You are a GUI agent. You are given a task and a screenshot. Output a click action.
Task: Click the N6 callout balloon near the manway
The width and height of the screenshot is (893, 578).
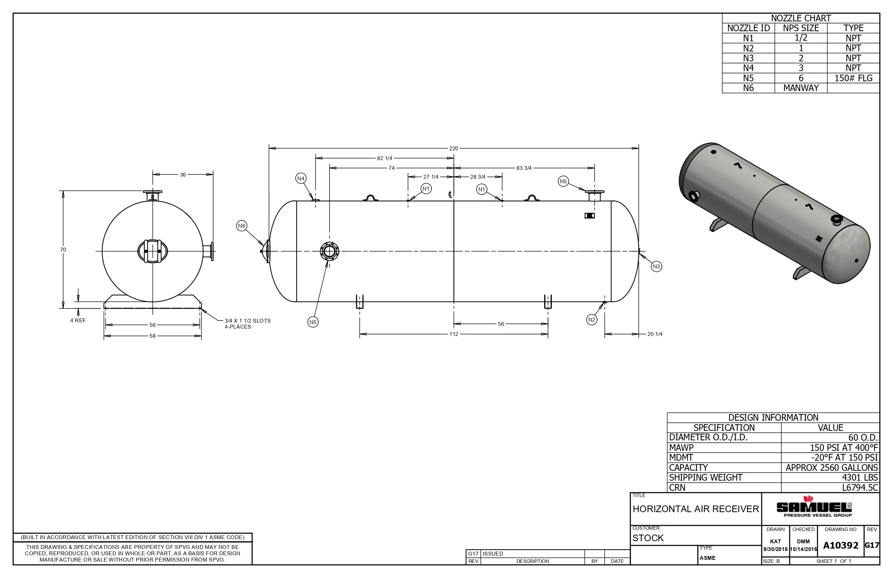point(242,226)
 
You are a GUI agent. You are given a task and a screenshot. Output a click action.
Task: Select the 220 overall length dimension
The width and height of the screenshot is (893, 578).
point(453,148)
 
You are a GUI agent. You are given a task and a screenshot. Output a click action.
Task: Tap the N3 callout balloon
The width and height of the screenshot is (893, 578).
point(656,267)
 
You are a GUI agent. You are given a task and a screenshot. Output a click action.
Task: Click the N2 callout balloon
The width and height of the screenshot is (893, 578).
point(592,320)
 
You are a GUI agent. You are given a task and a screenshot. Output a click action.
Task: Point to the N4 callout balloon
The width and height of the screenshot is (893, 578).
point(301,179)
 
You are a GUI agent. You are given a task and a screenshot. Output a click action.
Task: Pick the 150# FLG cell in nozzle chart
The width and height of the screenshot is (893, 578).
point(853,78)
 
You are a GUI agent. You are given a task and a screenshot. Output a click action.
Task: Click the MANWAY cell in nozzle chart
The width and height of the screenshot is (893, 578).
point(801,88)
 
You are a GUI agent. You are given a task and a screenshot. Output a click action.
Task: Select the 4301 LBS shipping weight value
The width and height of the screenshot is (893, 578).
point(860,477)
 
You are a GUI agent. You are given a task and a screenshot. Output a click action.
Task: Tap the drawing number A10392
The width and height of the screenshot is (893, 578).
point(840,545)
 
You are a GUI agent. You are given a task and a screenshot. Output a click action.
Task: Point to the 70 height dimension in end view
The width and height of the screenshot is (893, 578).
point(63,249)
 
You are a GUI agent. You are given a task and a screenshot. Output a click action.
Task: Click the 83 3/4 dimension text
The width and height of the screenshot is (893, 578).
point(524,168)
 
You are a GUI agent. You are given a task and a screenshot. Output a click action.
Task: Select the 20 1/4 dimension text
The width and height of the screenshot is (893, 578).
point(655,334)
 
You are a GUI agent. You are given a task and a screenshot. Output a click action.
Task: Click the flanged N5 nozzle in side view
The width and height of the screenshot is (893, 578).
point(330,251)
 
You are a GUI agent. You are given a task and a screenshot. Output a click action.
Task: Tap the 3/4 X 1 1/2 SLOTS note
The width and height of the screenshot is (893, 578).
point(247,324)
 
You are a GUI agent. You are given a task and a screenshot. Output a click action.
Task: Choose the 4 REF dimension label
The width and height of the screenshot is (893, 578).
point(78,321)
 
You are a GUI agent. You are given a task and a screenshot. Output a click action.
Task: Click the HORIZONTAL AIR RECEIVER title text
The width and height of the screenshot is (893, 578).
point(695,509)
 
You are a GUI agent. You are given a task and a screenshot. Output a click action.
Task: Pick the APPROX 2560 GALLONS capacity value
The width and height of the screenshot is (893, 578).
point(831,468)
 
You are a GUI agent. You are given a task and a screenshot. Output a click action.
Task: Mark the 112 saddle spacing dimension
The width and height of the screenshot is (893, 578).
point(454,334)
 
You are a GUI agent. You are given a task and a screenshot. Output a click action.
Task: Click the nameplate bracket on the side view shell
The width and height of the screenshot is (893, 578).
point(589,216)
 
